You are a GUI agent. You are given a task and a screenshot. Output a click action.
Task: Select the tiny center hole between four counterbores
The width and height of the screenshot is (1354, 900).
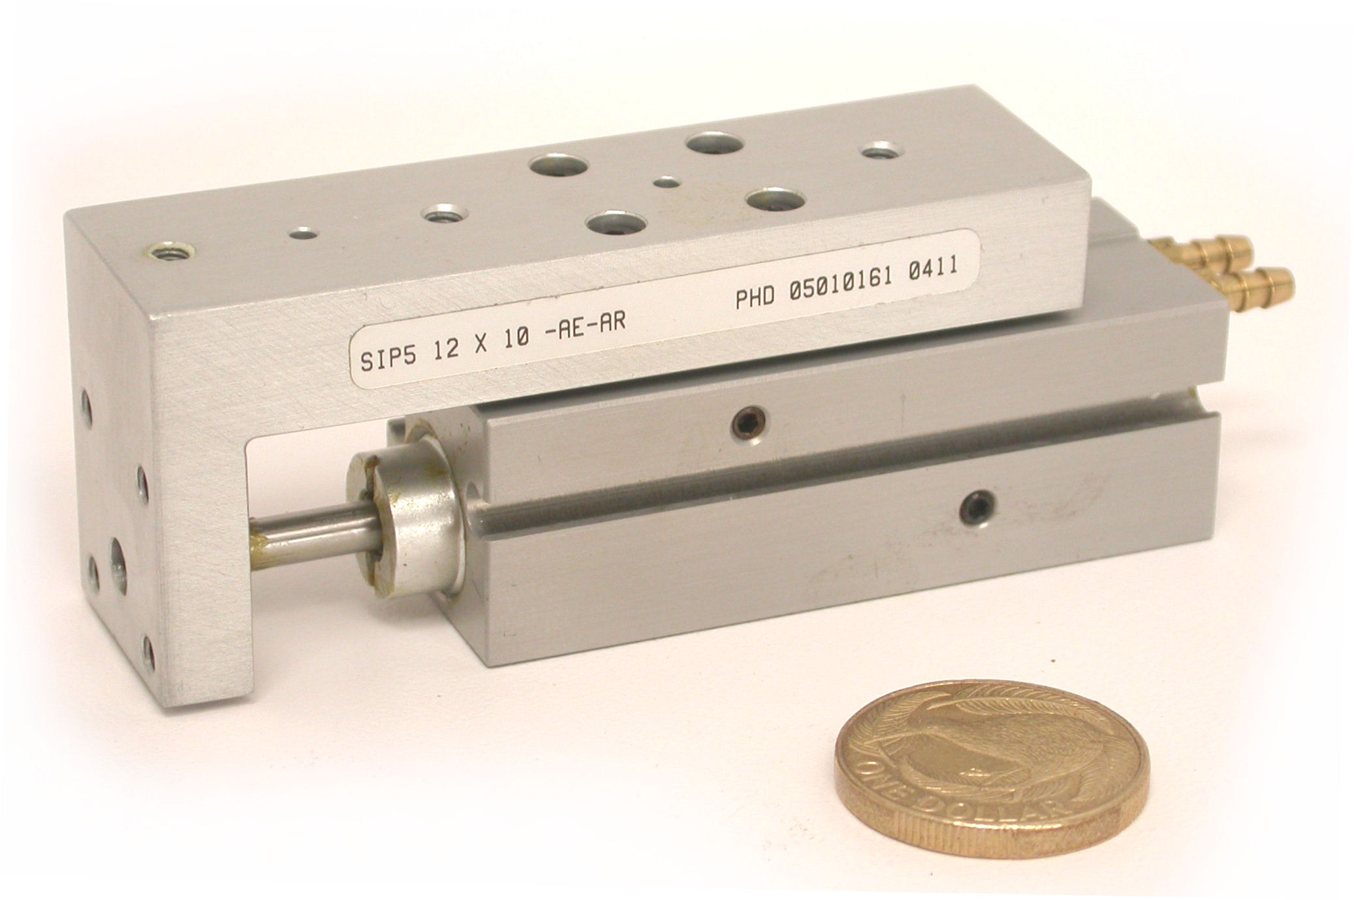[x=666, y=183]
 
